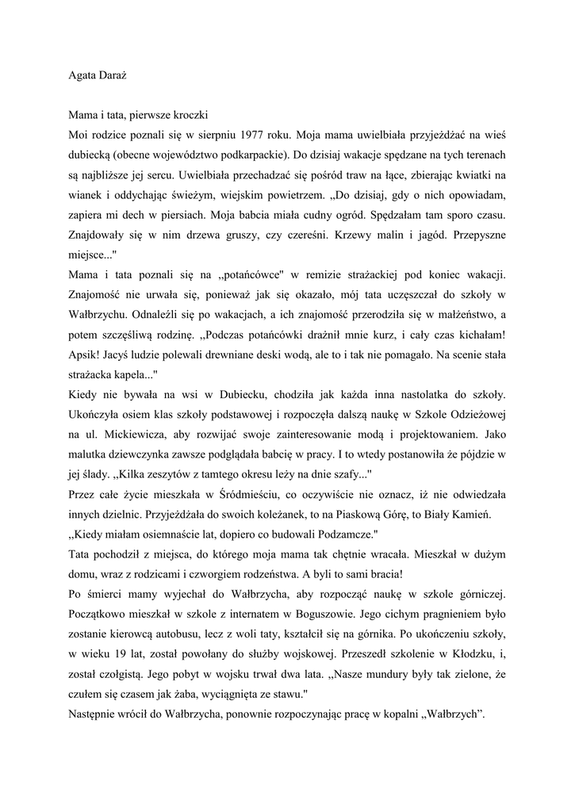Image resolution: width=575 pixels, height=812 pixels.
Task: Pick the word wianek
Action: (x=86, y=193)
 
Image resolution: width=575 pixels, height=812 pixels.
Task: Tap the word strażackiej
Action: (x=380, y=274)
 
